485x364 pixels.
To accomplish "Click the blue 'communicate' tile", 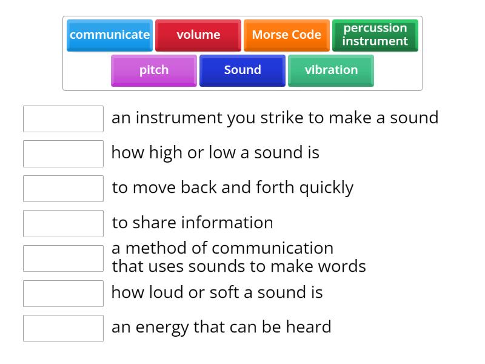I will [110, 35].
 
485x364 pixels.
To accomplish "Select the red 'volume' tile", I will [198, 35].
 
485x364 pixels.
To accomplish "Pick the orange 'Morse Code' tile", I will [286, 35].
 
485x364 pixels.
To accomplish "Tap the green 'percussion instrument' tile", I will [375, 35].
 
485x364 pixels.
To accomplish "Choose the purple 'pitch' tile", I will [154, 70].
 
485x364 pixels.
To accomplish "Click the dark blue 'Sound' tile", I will [242, 70].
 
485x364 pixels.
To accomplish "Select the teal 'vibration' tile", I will [331, 70].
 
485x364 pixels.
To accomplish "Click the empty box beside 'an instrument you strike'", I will [63, 119].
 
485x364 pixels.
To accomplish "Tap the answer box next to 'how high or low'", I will [63, 153].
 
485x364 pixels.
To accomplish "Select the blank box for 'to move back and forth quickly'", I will [63, 189].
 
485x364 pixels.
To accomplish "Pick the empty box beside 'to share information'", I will [63, 223].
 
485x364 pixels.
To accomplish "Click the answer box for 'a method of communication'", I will [63, 258].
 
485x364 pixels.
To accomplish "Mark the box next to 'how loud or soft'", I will [63, 293].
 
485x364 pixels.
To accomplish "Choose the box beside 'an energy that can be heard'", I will [63, 328].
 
